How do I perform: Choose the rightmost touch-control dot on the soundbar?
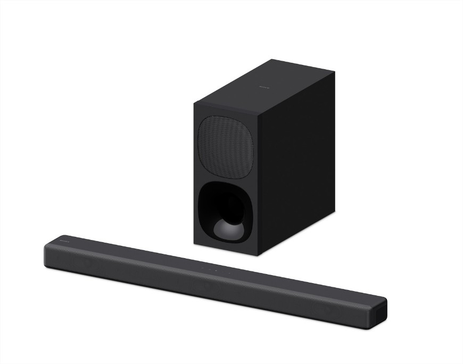tap(229, 273)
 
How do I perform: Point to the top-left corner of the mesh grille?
tap(201, 120)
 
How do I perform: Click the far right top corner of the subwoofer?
tap(334, 73)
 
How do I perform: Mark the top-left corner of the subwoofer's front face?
tap(194, 102)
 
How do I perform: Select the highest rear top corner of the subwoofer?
tap(271, 60)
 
